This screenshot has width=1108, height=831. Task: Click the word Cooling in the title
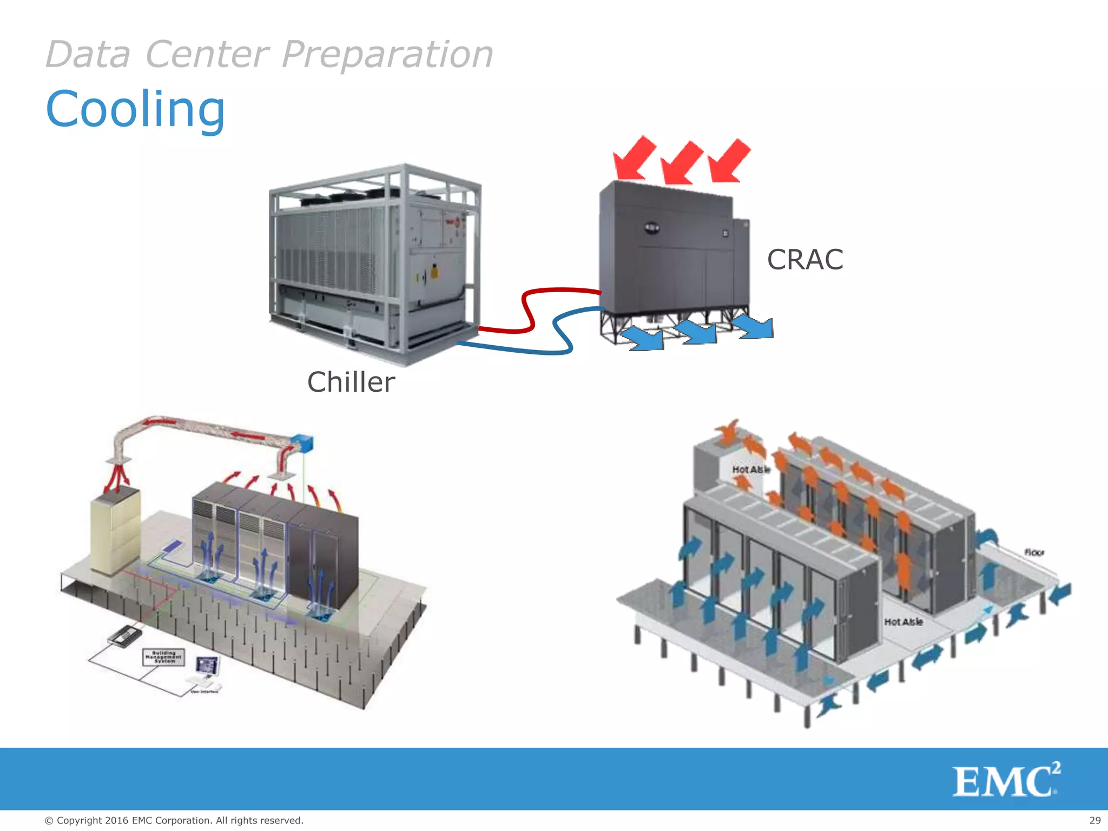coord(135,110)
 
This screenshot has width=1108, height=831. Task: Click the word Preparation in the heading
coord(387,55)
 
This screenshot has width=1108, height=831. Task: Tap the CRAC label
coord(804,260)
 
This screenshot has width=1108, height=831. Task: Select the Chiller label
coord(351,382)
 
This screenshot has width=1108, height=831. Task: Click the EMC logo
coord(1006,780)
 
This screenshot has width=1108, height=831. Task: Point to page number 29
coord(1094,820)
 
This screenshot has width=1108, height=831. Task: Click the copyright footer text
coord(174,820)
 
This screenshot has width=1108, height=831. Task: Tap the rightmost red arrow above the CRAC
coord(729,161)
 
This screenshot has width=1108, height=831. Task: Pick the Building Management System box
coord(164,657)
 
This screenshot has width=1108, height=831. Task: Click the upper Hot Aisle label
coord(750,470)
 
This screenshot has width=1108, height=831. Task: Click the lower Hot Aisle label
coord(903,622)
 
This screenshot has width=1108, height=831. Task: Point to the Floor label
coord(1033,552)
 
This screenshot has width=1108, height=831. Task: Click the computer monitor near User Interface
coord(207,665)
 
